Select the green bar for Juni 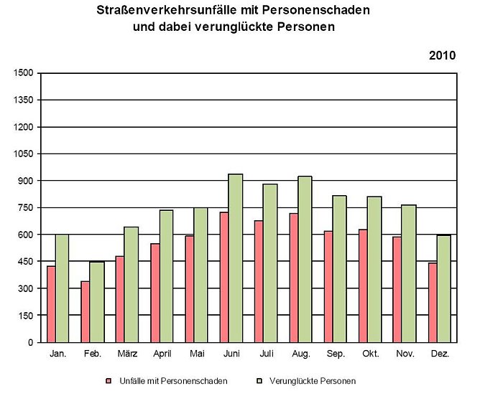[x=236, y=258]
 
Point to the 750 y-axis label [x=26, y=208]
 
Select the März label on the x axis [x=127, y=354]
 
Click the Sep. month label [x=336, y=354]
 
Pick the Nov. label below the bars [x=405, y=354]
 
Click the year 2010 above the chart [x=443, y=55]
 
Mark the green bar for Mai [x=201, y=275]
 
